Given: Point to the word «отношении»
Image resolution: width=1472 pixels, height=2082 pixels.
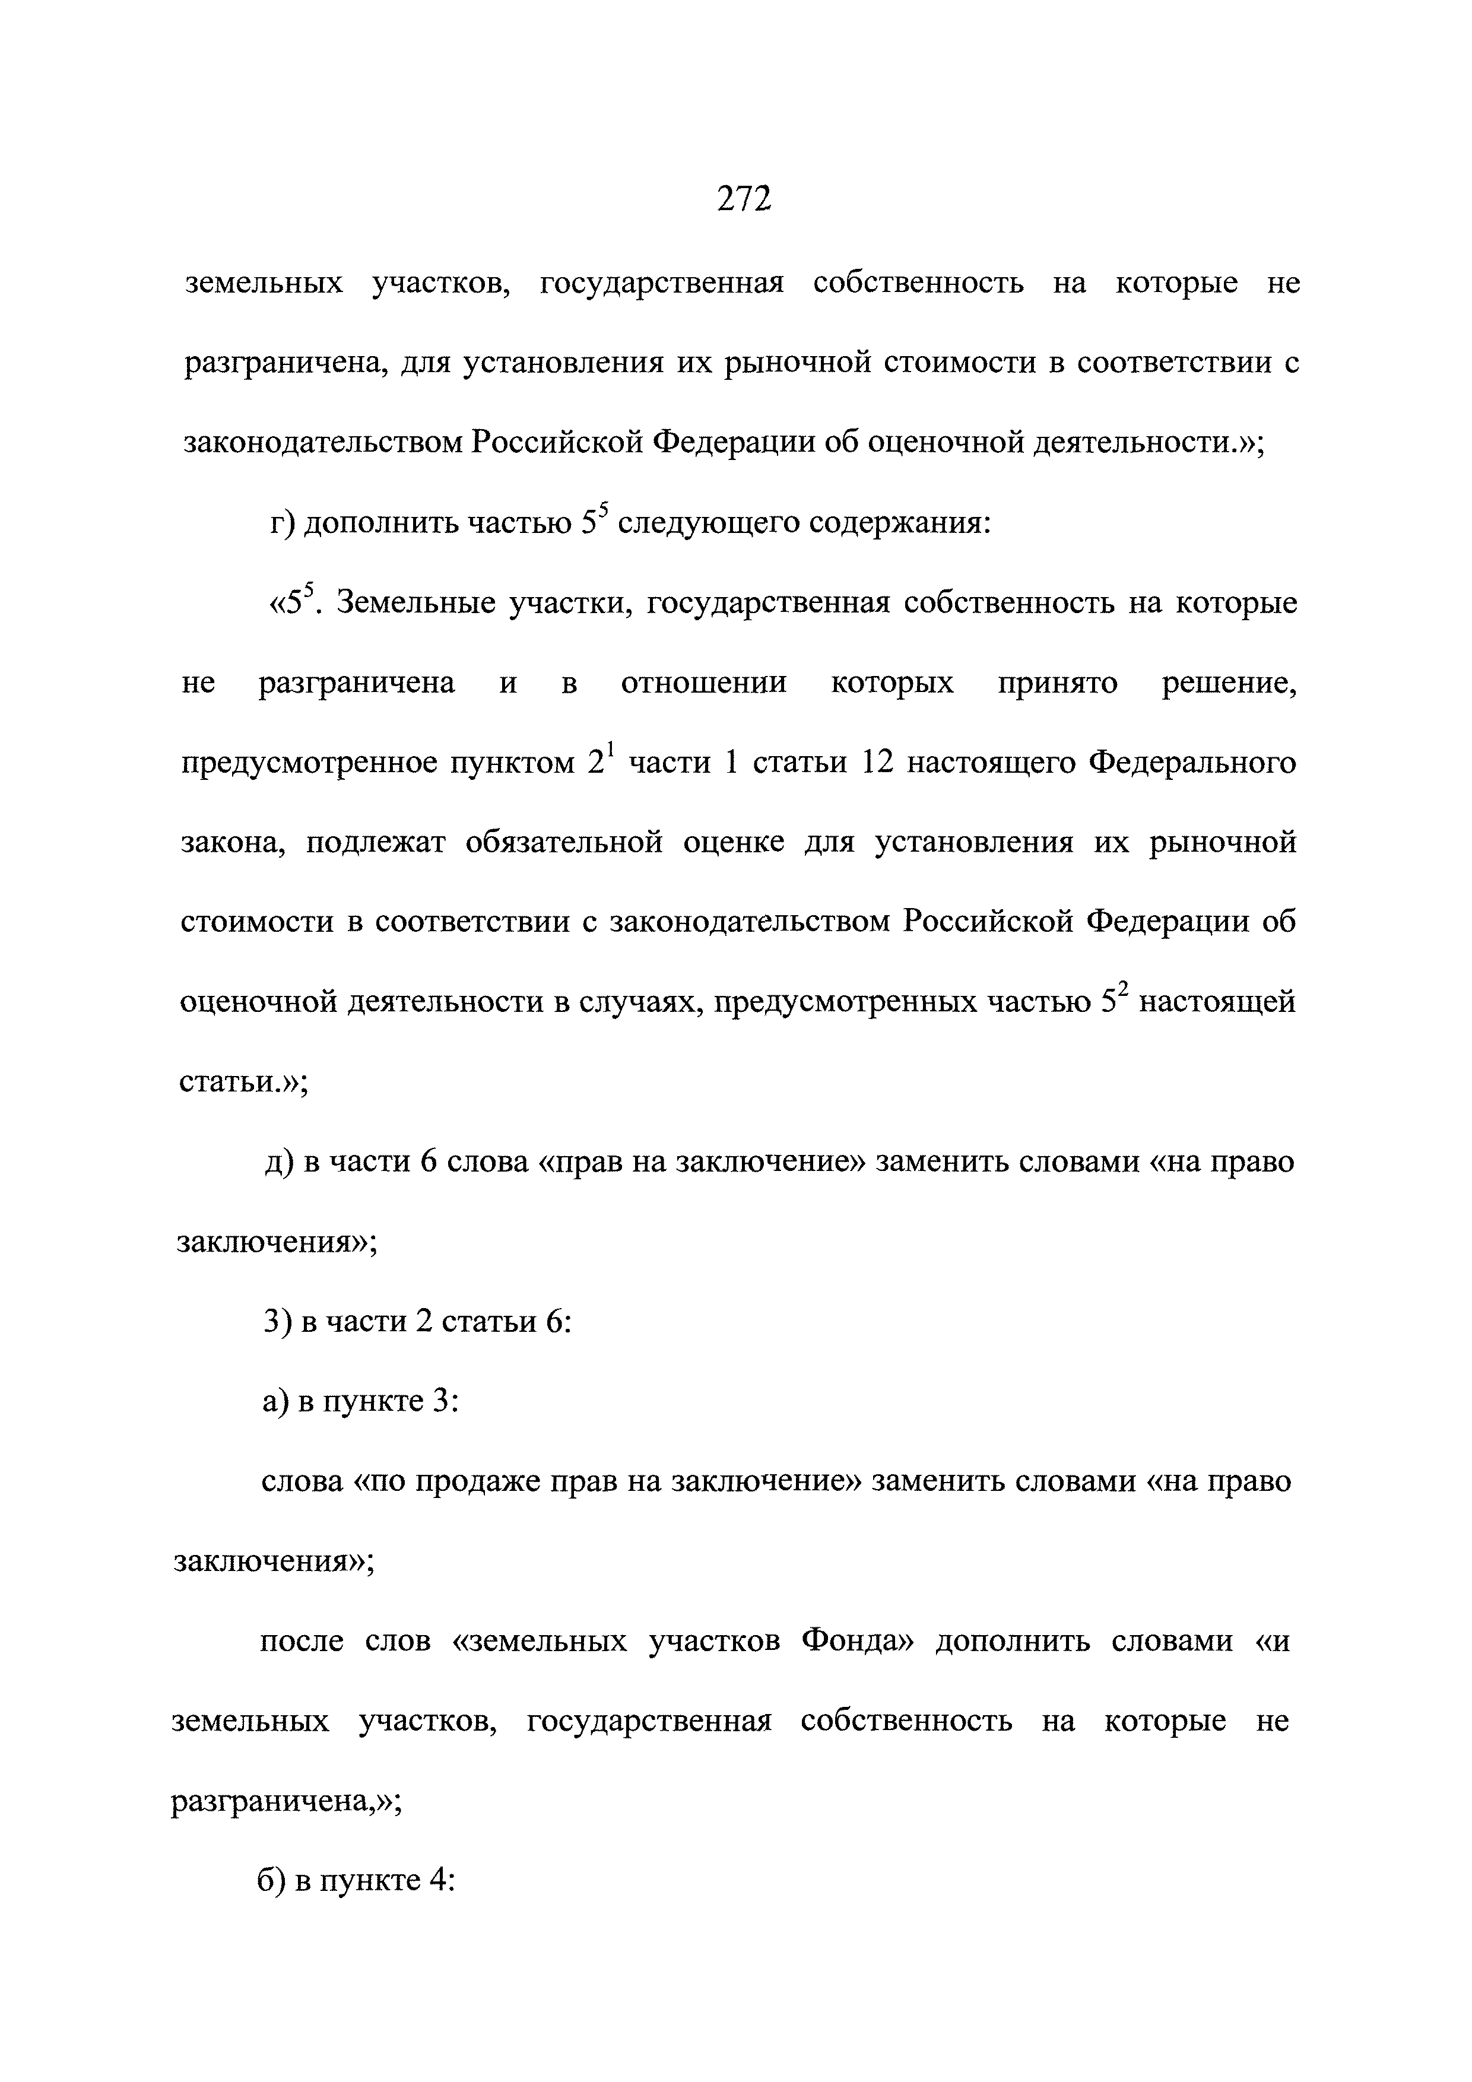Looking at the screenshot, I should [x=704, y=682].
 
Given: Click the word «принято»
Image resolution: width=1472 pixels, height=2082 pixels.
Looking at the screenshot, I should [x=1058, y=682].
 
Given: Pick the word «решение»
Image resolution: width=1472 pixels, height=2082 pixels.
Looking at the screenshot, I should [x=1229, y=682].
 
